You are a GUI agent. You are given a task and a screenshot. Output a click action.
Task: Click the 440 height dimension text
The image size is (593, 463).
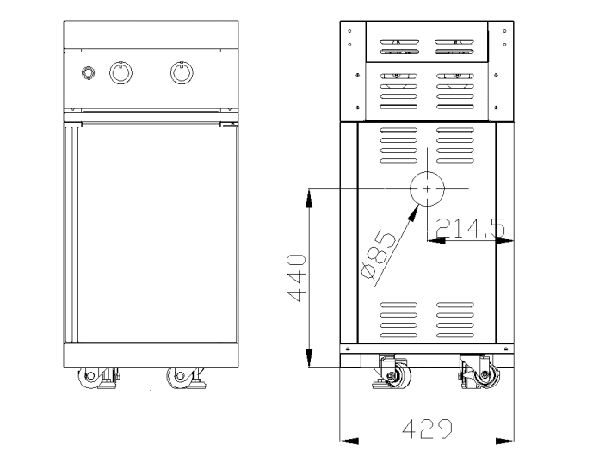(x=295, y=277)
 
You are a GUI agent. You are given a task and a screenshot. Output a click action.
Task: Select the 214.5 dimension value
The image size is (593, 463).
(x=469, y=228)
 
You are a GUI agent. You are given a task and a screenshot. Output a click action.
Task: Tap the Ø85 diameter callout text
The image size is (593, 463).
(x=379, y=256)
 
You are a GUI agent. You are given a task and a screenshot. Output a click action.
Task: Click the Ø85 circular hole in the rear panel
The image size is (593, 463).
(x=427, y=188)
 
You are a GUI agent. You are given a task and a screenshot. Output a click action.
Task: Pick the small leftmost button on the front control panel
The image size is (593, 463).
(x=87, y=72)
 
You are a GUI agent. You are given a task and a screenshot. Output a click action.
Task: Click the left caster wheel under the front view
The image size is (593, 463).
(x=89, y=377)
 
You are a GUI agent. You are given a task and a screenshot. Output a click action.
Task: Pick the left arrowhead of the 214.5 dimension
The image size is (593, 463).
(x=435, y=240)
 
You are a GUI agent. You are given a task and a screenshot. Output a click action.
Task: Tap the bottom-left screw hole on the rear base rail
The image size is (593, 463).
(x=346, y=349)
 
